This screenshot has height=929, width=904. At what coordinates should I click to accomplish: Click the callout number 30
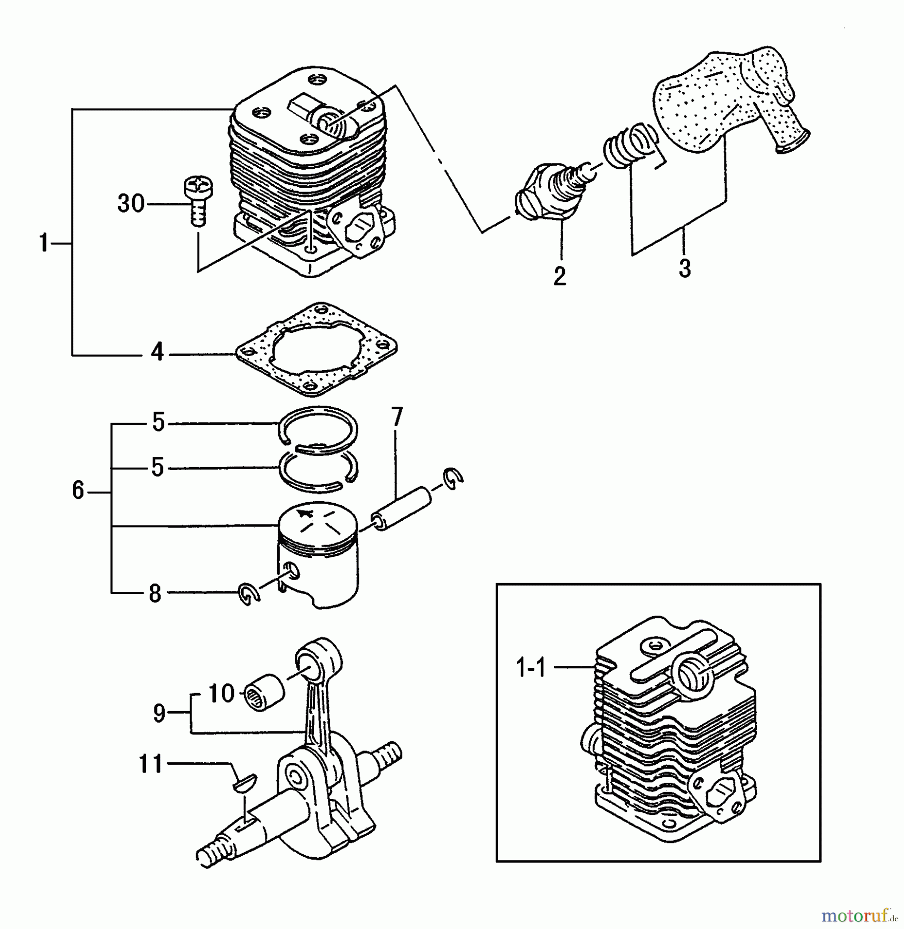coord(131,204)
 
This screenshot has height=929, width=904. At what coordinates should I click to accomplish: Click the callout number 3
coord(685,268)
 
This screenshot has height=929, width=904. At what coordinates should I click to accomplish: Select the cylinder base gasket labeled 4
coord(316,350)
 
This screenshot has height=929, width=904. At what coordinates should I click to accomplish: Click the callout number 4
coord(157,353)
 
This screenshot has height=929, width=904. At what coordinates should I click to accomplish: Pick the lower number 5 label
coord(157,468)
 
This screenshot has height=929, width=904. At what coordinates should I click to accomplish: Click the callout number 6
coord(78,490)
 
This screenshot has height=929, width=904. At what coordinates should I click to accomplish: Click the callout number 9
coord(159,713)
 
